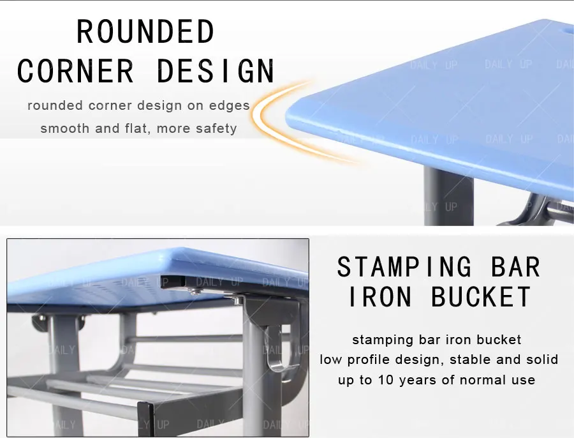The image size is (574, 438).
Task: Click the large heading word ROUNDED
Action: (x=145, y=32)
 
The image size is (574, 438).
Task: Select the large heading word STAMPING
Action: (x=404, y=266)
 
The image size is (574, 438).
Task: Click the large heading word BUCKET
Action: (x=482, y=297)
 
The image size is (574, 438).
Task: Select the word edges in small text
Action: (x=228, y=105)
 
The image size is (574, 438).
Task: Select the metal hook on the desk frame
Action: (x=276, y=348)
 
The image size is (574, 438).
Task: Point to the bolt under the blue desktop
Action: (x=194, y=291)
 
